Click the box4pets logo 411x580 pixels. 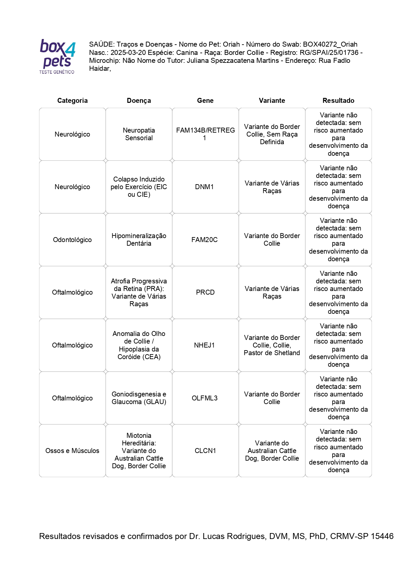tap(57, 56)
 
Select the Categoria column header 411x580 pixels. tap(72, 101)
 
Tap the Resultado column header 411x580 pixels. tap(338, 101)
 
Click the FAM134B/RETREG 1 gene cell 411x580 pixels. tap(205, 134)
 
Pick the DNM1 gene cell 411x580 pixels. tap(204, 187)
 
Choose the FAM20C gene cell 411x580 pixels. tap(204, 240)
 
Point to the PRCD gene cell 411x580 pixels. tap(205, 292)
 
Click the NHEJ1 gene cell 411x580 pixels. tap(204, 345)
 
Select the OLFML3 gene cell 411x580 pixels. tap(205, 398)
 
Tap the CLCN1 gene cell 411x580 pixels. tap(205, 451)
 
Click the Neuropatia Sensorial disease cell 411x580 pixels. tap(139, 134)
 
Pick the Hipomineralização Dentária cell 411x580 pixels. tap(139, 239)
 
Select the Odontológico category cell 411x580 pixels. tap(72, 240)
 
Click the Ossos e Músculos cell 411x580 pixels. tap(72, 451)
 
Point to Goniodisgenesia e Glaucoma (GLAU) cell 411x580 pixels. tap(139, 398)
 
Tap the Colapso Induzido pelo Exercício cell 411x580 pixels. tap(139, 187)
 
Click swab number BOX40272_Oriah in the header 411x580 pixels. tap(330, 44)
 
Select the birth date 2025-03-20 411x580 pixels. tap(128, 53)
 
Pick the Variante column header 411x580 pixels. tap(272, 101)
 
